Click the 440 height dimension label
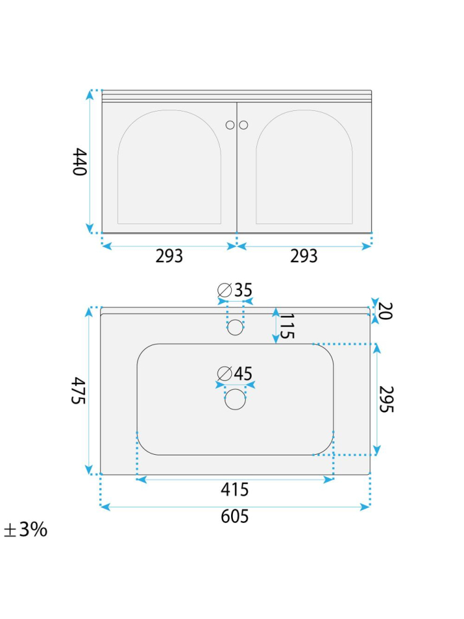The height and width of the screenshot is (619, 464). coord(79,161)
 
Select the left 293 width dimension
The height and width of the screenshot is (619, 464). coord(169,256)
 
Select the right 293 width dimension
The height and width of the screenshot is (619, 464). coord(304,256)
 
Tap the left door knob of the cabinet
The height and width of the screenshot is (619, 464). coord(230,125)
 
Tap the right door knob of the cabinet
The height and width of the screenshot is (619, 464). coord(243,125)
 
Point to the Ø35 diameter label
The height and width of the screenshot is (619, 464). coord(235,290)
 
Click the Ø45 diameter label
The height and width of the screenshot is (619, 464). coord(235,374)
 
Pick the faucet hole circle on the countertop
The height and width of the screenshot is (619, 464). coord(235,327)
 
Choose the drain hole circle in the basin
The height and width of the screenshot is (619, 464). coord(235,399)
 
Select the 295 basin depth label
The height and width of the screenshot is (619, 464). coord(387,399)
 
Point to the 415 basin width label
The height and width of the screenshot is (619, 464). coord(235,490)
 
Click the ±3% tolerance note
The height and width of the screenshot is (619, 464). coord(25,530)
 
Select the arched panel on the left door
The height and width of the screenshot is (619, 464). coord(169,167)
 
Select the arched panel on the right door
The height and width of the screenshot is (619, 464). coord(304,167)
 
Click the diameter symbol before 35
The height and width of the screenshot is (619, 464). coord(225,290)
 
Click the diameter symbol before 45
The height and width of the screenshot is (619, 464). coord(225,374)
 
